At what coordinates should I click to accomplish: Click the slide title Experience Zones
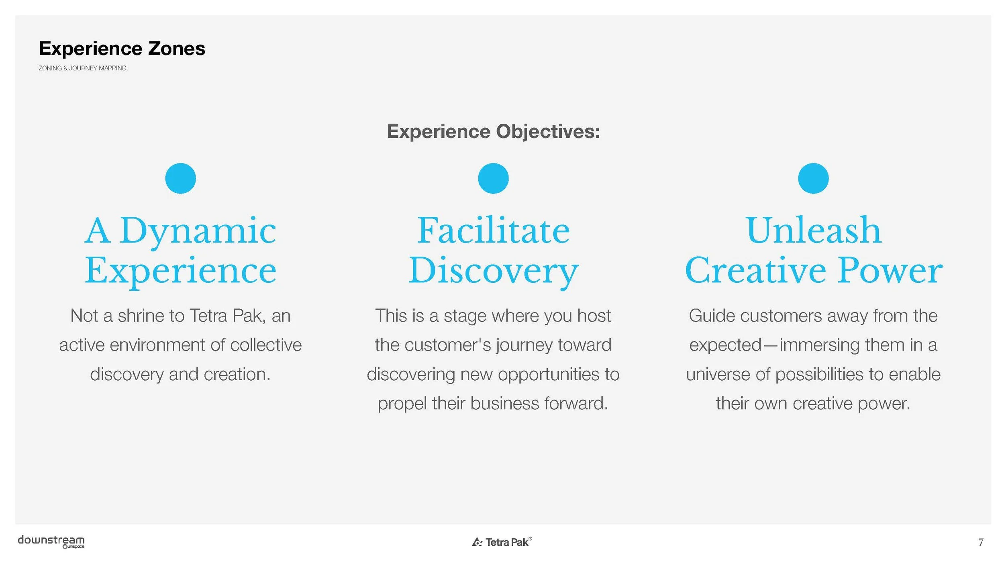coord(122,49)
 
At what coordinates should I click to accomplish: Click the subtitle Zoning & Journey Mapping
coord(82,68)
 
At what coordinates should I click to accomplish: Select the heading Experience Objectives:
coord(493,132)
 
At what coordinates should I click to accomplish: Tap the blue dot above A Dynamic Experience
coord(180,178)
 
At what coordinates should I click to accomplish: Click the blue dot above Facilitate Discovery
coord(493,178)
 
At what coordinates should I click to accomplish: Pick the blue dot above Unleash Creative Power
coord(813,178)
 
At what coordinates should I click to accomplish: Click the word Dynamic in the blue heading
coord(198,231)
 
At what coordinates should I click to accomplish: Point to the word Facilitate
coord(493,230)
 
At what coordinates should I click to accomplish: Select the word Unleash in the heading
coord(813,230)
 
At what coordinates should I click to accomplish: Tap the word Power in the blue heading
coord(890,271)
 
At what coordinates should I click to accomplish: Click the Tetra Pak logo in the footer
coord(502,542)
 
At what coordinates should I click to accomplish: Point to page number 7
coord(981,543)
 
